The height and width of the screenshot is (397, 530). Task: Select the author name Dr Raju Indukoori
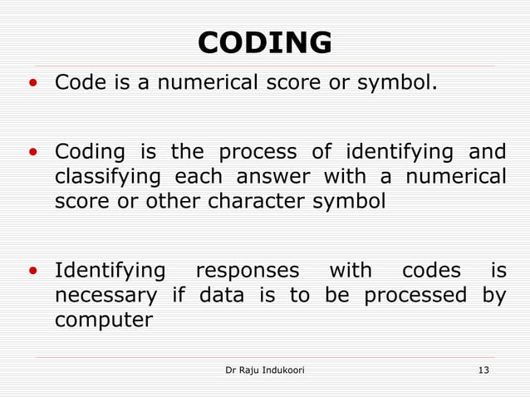265,369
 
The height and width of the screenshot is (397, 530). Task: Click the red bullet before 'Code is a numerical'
32,84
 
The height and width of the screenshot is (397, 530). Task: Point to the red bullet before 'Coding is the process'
32,154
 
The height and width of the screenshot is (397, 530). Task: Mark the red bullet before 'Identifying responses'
32,272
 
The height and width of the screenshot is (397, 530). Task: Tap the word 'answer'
272,178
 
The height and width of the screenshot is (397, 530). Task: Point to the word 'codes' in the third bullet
430,271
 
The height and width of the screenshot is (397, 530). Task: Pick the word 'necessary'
106,296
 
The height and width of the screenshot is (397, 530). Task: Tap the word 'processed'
415,295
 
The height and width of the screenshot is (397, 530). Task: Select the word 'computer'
104,320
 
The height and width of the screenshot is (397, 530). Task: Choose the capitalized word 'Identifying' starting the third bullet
110,272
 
